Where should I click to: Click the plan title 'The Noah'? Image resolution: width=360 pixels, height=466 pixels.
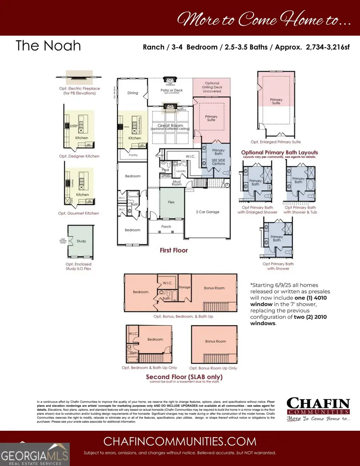point(48,46)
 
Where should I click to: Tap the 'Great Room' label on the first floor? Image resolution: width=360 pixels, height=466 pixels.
point(171,126)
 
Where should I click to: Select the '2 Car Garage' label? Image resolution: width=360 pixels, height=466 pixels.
point(207,212)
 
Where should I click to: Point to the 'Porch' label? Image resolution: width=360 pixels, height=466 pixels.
point(166,227)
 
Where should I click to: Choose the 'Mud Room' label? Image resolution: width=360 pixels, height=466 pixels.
point(176,182)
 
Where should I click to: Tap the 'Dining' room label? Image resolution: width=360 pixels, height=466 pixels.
point(132,93)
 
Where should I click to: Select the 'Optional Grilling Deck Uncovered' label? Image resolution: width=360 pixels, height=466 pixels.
point(212,87)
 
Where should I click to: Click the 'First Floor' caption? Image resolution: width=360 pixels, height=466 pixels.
point(174,250)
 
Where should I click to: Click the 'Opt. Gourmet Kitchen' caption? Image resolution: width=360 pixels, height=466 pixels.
point(78,213)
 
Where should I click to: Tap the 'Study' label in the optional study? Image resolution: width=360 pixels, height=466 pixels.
point(81,241)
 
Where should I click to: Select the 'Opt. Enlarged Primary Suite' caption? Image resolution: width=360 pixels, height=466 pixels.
point(276,142)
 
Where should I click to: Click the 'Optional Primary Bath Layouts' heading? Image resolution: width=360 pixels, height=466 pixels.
point(280,152)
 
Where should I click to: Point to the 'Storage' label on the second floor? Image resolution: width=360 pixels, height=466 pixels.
point(184,287)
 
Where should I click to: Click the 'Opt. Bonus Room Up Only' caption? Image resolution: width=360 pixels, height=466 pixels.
point(213,368)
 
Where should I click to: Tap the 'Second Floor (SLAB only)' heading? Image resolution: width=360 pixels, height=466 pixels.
point(184,377)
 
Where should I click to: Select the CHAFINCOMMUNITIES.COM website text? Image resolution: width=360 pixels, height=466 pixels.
point(180,441)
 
